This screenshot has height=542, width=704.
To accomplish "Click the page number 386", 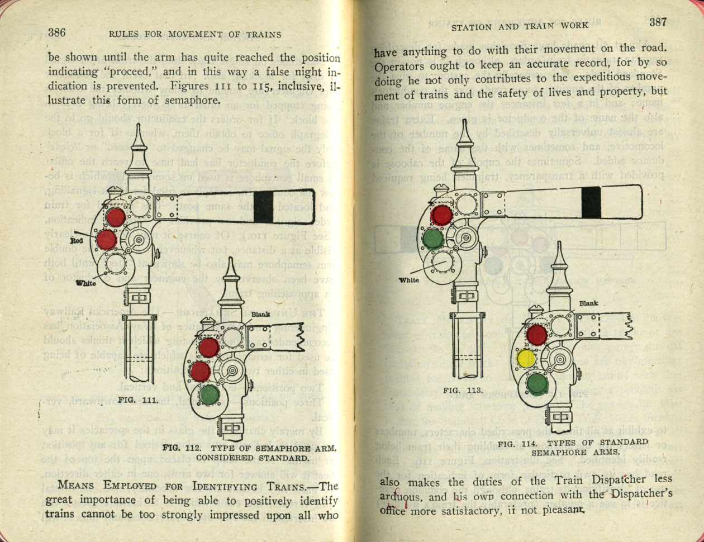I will point(57,32).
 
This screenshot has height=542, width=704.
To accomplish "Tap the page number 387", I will point(658,23).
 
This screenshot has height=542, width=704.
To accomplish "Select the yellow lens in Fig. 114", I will point(526,358).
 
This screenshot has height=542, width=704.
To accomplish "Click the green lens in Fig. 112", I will point(209,395).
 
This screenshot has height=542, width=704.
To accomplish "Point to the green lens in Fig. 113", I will point(433,239).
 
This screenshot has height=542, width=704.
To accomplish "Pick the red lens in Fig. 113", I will point(441,215).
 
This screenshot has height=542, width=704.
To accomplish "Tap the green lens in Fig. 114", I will point(536,383).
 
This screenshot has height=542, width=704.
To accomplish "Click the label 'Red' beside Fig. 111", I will point(77,241).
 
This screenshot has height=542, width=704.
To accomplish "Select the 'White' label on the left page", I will point(85,283).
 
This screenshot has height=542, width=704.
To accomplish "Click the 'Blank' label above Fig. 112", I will point(261,315).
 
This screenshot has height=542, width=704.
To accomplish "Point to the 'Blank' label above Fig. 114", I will point(588,303).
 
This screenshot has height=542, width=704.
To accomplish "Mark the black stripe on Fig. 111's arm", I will point(264,207).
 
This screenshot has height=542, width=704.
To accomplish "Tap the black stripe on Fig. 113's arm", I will point(591,202).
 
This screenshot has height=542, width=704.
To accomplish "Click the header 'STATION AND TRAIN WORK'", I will point(519,26).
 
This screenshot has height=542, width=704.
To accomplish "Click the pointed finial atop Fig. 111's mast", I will point(138,145).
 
